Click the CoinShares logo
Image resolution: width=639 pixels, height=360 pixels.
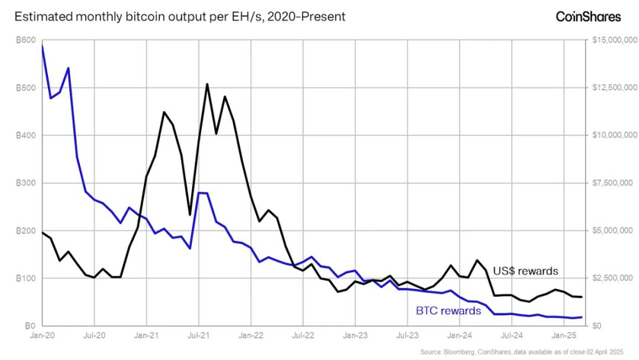pos(588,17)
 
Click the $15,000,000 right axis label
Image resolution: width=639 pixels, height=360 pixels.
pos(614,40)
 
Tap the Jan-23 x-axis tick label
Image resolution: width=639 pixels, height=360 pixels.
pos(355,335)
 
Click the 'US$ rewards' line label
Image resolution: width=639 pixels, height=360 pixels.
pos(525,271)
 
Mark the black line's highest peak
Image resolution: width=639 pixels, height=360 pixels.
pos(207,84)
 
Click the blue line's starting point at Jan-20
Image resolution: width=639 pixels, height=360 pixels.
pos(42,45)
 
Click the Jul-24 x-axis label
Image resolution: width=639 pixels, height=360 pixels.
pos(512,335)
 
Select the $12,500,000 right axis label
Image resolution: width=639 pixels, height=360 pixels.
pos(614,88)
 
